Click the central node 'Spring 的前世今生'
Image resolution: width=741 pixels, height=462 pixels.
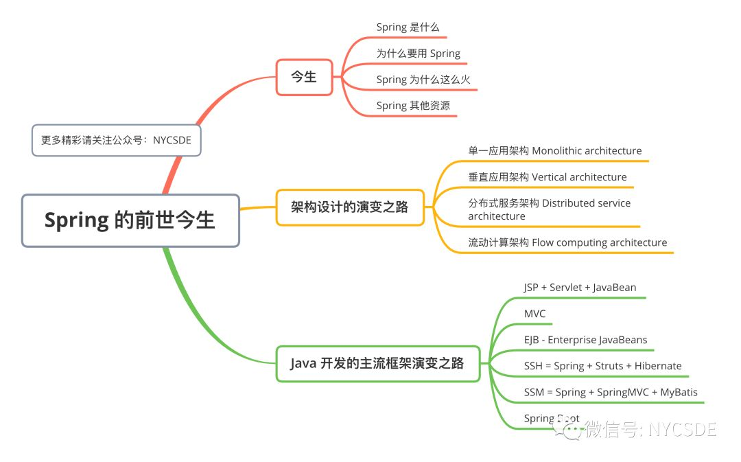click(130, 220)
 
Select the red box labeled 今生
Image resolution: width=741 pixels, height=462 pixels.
click(305, 77)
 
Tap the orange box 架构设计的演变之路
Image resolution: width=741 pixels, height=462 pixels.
click(350, 207)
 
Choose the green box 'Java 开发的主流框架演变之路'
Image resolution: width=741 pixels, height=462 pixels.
click(377, 364)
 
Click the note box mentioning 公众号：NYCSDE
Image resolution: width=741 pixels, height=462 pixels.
click(116, 141)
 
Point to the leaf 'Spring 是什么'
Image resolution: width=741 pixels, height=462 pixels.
click(408, 27)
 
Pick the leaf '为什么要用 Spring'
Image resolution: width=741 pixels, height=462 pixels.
click(419, 54)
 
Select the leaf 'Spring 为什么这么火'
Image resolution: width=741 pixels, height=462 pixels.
click(423, 80)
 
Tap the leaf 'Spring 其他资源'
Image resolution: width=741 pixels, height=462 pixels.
click(413, 106)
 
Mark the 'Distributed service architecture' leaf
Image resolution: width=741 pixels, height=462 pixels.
click(549, 209)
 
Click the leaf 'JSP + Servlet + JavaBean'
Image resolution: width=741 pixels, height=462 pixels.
click(580, 288)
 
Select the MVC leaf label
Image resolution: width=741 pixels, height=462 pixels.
click(534, 314)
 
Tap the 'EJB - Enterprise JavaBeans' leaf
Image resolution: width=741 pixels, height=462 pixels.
click(585, 340)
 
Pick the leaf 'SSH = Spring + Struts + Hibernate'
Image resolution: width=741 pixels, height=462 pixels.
click(602, 366)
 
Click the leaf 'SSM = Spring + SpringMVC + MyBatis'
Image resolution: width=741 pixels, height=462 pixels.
click(611, 393)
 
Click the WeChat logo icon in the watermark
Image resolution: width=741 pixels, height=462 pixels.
click(569, 429)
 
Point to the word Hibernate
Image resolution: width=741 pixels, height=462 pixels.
click(658, 366)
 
